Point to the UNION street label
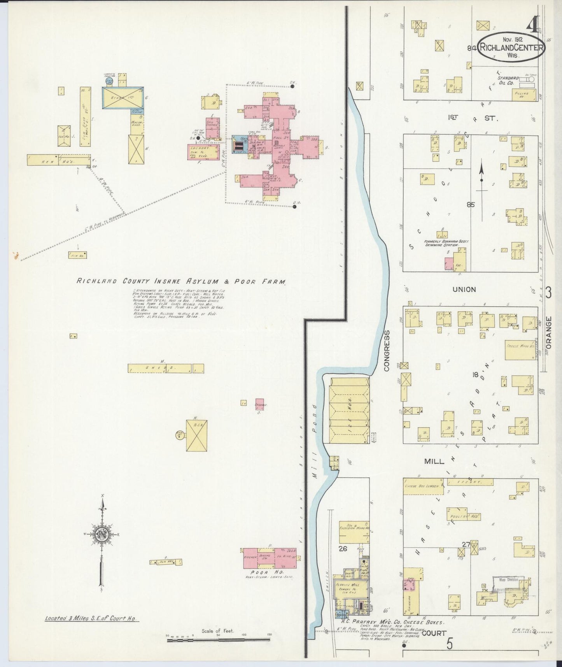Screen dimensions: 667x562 (x=464, y=289)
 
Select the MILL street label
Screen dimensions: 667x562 (x=434, y=461)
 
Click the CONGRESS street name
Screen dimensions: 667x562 (x=387, y=351)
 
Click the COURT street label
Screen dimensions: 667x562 (x=434, y=633)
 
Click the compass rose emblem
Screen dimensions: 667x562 (x=102, y=534)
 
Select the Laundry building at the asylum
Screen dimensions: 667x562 (x=203, y=152)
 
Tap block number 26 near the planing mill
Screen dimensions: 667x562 (x=343, y=549)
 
